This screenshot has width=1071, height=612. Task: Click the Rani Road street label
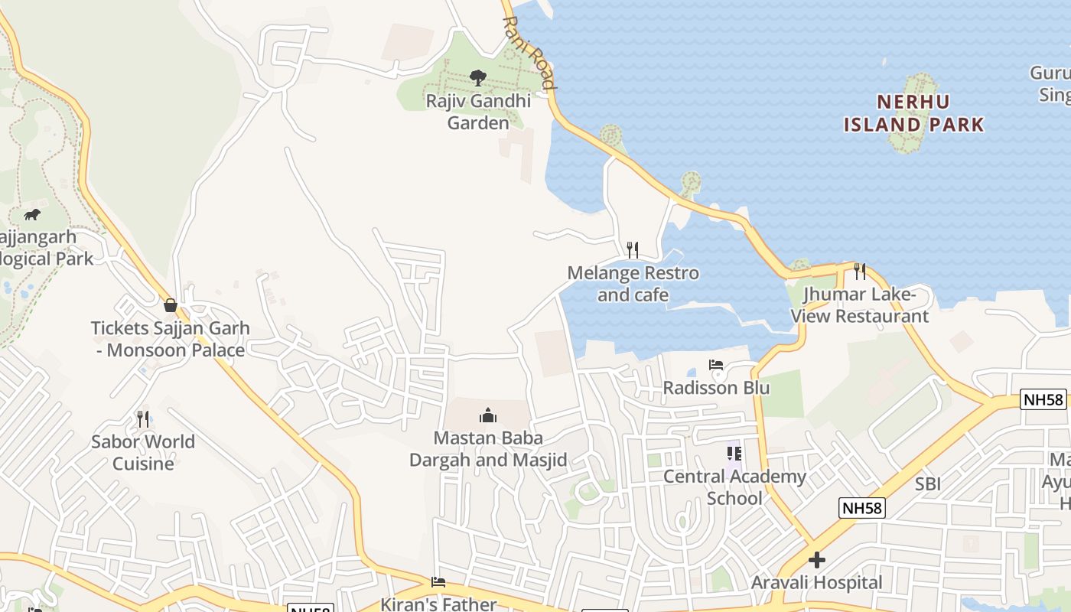point(529,53)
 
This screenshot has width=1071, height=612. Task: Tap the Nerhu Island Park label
point(913,113)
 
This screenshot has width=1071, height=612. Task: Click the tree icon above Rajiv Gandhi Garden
point(478,77)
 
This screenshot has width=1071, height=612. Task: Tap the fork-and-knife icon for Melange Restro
point(633,249)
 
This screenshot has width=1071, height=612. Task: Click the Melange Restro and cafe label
point(633,284)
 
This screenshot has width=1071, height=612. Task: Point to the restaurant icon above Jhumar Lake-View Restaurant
point(860,271)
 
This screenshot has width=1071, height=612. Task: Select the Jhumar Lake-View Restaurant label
point(860,305)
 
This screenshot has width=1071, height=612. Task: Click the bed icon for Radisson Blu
point(716,365)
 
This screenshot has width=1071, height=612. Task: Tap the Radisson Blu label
point(716,388)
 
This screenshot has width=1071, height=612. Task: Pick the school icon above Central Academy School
point(734,454)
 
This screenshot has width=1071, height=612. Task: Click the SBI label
point(928,483)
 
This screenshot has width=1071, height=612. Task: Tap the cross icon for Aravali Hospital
point(817,560)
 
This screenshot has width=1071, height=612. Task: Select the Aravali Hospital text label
point(817,583)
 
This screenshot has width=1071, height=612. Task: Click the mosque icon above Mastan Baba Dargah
point(488,415)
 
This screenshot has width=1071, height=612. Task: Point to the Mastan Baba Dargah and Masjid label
point(488,449)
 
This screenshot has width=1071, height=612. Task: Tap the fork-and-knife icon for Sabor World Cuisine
point(143,418)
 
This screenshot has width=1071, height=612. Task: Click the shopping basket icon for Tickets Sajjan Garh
point(171,305)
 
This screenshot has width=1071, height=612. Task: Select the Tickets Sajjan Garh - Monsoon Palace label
point(170,339)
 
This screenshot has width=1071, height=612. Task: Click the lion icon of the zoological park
point(32,214)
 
